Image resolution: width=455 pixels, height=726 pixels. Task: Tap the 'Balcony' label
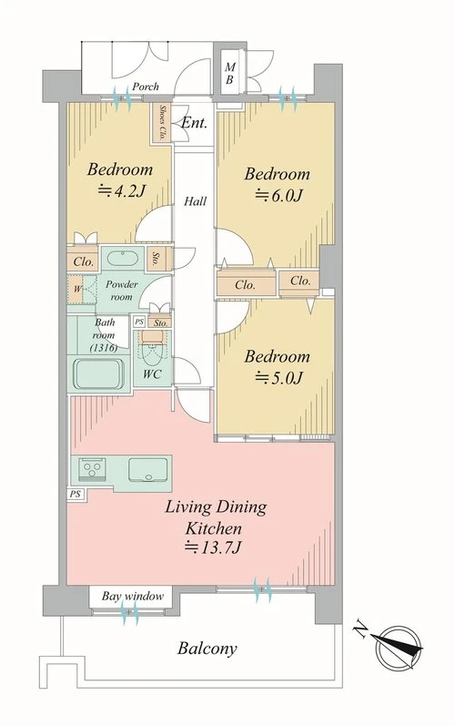(207, 649)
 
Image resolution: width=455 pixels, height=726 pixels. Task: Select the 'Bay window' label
(133, 596)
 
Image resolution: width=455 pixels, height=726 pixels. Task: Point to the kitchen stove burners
(92, 469)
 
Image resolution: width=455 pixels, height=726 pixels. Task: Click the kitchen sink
(148, 469)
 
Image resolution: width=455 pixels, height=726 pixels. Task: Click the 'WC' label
(152, 374)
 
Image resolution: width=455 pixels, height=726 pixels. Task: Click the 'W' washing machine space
(77, 290)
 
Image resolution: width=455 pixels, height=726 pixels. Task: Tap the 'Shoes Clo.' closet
(162, 122)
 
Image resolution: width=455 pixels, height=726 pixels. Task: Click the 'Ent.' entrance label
(194, 123)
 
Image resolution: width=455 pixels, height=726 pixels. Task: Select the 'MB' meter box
(229, 74)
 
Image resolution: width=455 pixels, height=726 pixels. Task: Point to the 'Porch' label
(146, 87)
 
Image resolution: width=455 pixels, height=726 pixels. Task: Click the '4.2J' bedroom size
(123, 191)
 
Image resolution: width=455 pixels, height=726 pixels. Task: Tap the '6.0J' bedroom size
(279, 196)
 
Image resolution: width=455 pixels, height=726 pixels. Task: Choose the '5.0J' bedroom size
(279, 378)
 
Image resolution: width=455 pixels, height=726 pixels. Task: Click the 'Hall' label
(195, 201)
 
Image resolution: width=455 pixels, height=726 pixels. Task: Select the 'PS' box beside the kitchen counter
(76, 494)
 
